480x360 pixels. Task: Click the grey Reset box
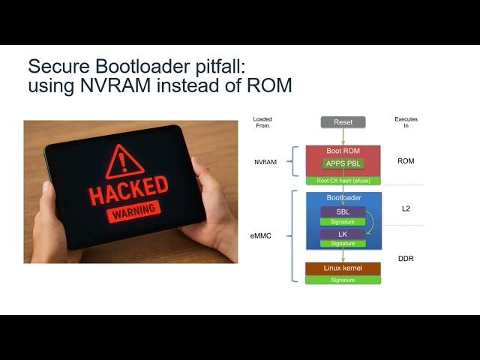point(343,121)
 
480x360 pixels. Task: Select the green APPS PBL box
point(343,163)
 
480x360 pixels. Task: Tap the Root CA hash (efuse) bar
point(343,181)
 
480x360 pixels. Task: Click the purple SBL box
point(343,211)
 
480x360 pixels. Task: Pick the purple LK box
point(343,234)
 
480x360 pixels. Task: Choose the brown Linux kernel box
point(343,268)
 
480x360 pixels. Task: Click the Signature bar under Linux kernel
point(343,280)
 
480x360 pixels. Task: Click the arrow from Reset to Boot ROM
point(343,136)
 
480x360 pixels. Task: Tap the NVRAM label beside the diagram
point(263,161)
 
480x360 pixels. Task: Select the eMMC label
point(260,235)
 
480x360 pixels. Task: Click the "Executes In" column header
point(406,123)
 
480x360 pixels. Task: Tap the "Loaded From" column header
point(262,123)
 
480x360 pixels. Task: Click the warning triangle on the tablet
point(121,161)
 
